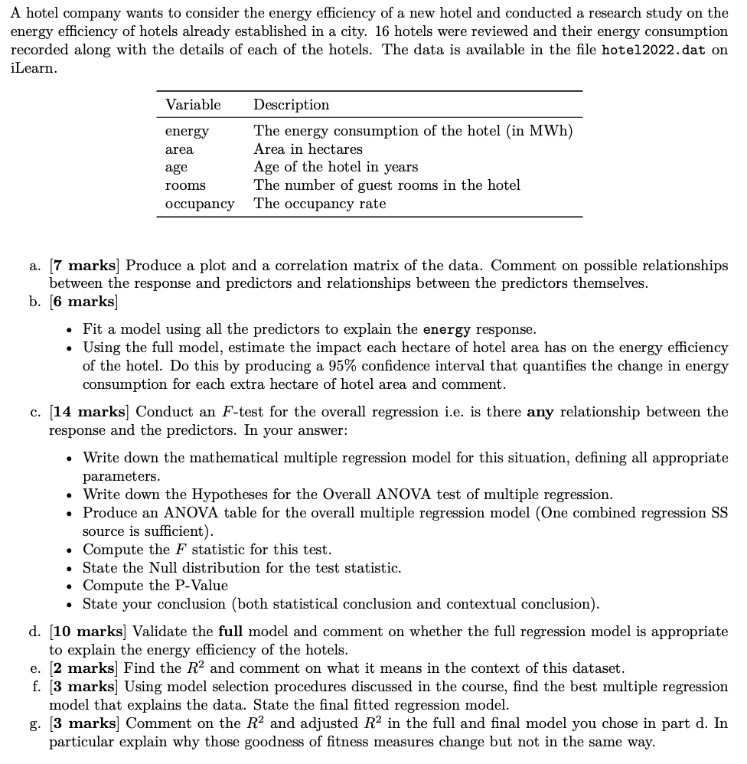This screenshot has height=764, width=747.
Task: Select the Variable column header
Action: pos(193,105)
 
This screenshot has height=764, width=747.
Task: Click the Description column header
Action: pos(291,105)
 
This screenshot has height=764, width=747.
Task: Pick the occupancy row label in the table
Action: pos(200,204)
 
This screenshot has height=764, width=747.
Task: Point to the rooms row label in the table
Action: pos(185,185)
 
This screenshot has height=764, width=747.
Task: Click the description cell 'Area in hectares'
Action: pos(308,149)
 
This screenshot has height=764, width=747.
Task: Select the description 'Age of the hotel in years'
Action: pos(335,167)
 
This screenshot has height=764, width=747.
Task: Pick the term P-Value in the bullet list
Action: pos(198,586)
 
